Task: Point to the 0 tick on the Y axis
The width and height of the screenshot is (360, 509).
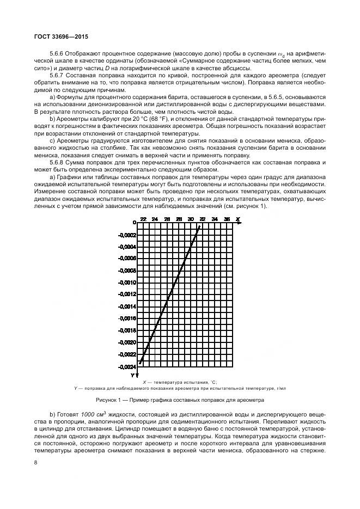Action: (134, 223)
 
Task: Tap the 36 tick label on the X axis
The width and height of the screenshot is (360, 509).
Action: (226, 219)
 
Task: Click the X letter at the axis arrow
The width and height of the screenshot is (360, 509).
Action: (239, 219)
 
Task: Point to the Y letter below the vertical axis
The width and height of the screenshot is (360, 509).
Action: (132, 375)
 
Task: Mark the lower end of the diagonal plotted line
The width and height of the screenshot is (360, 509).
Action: (141, 363)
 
